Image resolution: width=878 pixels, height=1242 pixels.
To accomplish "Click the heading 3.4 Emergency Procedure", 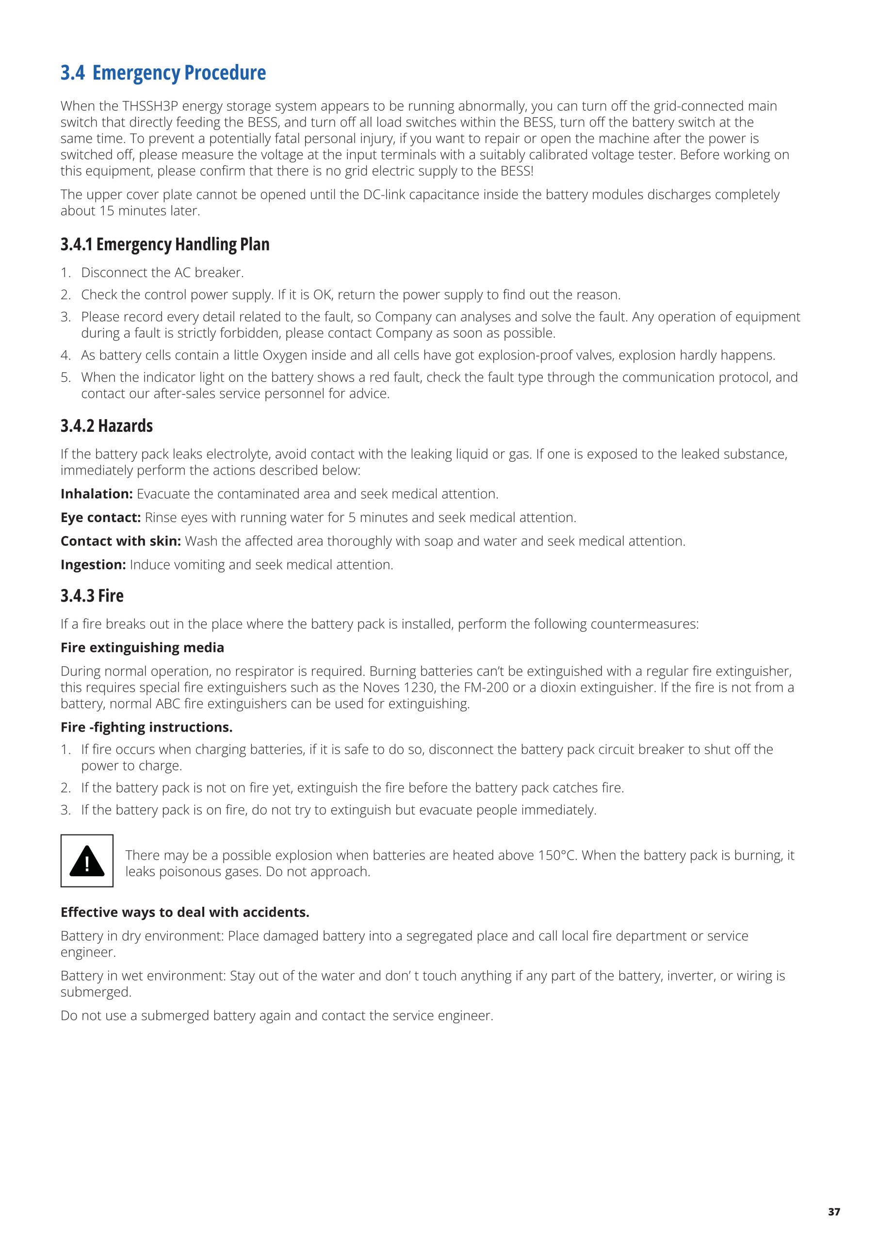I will pyautogui.click(x=163, y=73).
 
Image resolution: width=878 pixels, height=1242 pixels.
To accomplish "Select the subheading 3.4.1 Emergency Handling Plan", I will pyautogui.click(x=164, y=245).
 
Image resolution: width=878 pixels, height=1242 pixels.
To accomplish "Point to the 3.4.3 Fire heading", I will pyautogui.click(x=92, y=596).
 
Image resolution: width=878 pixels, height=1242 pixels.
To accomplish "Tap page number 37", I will pyautogui.click(x=834, y=1212).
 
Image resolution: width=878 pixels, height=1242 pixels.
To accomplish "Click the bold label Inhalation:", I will pyautogui.click(x=97, y=494).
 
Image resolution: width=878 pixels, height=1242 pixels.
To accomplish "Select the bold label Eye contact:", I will pyautogui.click(x=100, y=518).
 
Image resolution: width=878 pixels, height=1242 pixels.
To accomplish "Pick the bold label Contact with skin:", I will pyautogui.click(x=121, y=541).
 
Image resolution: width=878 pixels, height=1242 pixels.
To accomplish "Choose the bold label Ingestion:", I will pyautogui.click(x=93, y=565).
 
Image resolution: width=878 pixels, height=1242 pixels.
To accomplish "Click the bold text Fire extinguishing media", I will pyautogui.click(x=142, y=648).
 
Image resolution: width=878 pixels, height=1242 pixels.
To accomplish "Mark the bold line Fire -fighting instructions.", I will pyautogui.click(x=146, y=727).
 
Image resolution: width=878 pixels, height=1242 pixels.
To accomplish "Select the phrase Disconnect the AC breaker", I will pyautogui.click(x=163, y=273).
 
